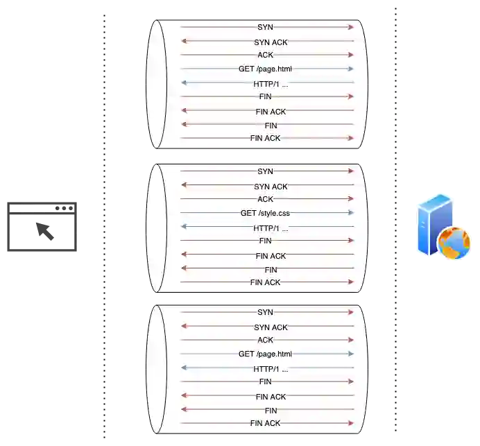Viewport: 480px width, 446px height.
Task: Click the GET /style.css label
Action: (266, 213)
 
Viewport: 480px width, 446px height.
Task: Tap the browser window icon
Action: (42, 228)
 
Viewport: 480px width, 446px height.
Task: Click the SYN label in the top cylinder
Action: (266, 27)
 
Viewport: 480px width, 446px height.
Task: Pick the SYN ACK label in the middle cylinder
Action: (271, 186)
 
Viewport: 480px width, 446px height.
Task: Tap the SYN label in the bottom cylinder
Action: (266, 313)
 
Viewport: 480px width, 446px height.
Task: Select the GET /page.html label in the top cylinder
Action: (265, 69)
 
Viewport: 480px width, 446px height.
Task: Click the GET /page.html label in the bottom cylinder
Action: (265, 354)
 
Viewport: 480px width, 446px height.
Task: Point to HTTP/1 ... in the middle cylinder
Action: (271, 228)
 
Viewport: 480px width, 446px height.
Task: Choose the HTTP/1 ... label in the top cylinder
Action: (271, 84)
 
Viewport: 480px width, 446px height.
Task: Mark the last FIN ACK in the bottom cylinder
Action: (266, 423)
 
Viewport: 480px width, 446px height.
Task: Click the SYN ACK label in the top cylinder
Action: (271, 42)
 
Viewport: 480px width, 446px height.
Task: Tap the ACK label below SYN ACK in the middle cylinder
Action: (266, 199)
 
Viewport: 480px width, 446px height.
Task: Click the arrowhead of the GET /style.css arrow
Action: (351, 213)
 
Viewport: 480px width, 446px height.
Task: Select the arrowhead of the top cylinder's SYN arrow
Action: (351, 27)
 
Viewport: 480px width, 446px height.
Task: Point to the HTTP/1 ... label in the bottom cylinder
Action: (271, 369)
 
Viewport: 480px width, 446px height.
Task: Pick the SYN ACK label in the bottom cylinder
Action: (271, 327)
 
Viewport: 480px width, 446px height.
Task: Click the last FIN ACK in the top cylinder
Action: (266, 138)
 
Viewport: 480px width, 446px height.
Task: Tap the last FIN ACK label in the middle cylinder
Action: (266, 282)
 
